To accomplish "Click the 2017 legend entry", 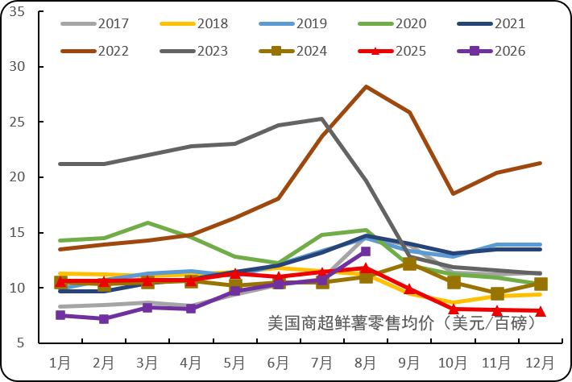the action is [95, 23].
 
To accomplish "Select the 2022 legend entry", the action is [95, 51].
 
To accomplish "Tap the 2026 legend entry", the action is [491, 51].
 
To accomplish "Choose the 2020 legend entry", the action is [392, 23].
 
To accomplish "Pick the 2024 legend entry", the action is [293, 51].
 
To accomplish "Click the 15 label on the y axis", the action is [17, 232].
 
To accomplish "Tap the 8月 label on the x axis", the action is [365, 363].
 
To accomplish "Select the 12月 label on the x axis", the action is [540, 363].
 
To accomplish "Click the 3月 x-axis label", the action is [147, 363].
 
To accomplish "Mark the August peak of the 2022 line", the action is [366, 86].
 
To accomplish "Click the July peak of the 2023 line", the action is [321, 118].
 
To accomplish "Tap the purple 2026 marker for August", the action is [366, 251].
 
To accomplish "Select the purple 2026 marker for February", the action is [104, 319].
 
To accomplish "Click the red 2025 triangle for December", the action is [541, 311].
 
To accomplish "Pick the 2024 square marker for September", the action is [409, 264].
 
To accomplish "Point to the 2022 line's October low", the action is [453, 193].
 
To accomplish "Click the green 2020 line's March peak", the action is [147, 222].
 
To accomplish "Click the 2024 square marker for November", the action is [497, 293].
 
